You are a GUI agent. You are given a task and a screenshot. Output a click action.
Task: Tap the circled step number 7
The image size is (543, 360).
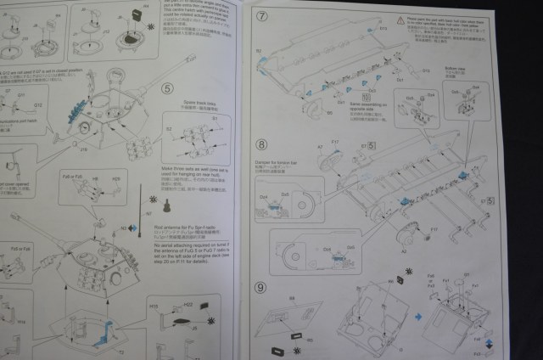pos(261,17)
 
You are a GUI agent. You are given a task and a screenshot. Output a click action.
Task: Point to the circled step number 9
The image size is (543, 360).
pos(261,288)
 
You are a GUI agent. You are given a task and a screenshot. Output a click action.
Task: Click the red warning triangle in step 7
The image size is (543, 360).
pos(400,18)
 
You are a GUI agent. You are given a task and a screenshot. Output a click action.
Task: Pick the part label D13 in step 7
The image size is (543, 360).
pos(383,29)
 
